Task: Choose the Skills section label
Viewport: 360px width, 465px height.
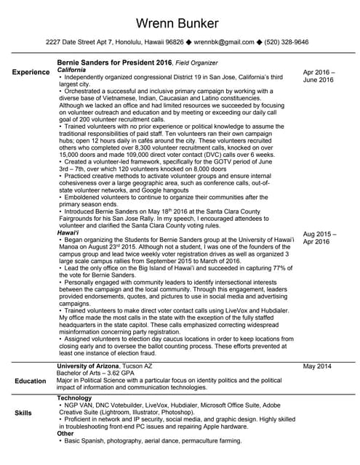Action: click(x=23, y=413)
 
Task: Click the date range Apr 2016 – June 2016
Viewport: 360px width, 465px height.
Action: click(x=319, y=76)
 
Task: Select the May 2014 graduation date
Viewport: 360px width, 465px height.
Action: click(x=317, y=366)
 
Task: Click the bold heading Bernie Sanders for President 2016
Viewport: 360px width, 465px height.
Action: click(x=114, y=63)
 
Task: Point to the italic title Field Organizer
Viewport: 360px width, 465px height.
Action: click(x=198, y=63)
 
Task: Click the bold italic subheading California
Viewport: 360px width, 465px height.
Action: click(x=75, y=70)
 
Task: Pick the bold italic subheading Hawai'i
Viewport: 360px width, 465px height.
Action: click(x=70, y=233)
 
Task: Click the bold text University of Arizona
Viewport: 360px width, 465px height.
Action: click(x=92, y=365)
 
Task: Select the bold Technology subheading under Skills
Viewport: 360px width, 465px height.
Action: click(x=74, y=398)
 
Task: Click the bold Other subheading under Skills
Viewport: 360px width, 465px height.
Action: click(x=65, y=434)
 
